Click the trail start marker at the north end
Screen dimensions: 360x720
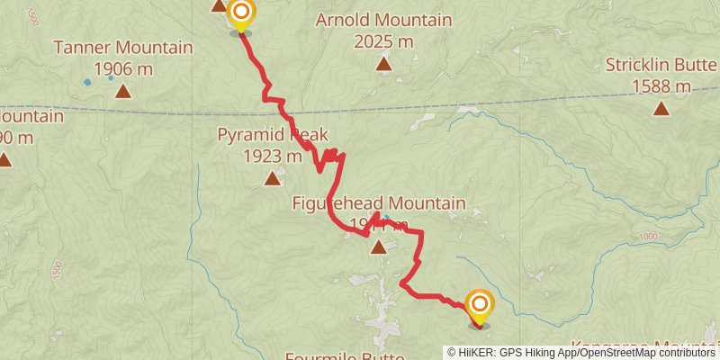(x=241, y=13)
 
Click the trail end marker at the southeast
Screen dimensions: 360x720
(x=478, y=304)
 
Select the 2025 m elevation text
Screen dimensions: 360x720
(x=383, y=41)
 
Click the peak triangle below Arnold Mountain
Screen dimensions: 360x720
(x=384, y=63)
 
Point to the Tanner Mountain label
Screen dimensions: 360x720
(x=123, y=48)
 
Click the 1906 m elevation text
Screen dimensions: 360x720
(x=122, y=69)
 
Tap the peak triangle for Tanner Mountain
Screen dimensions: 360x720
(x=122, y=91)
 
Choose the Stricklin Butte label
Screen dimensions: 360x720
(x=661, y=65)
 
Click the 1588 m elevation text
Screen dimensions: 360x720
(x=661, y=86)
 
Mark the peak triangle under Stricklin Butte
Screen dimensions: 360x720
(x=661, y=109)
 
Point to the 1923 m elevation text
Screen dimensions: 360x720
(x=272, y=157)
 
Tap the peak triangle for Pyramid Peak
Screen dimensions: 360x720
(x=273, y=178)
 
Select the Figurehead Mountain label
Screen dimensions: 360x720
(x=379, y=203)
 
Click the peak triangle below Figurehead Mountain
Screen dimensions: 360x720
(x=379, y=247)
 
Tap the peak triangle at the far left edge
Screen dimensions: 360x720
(x=4, y=160)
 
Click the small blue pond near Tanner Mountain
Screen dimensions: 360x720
(x=87, y=82)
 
